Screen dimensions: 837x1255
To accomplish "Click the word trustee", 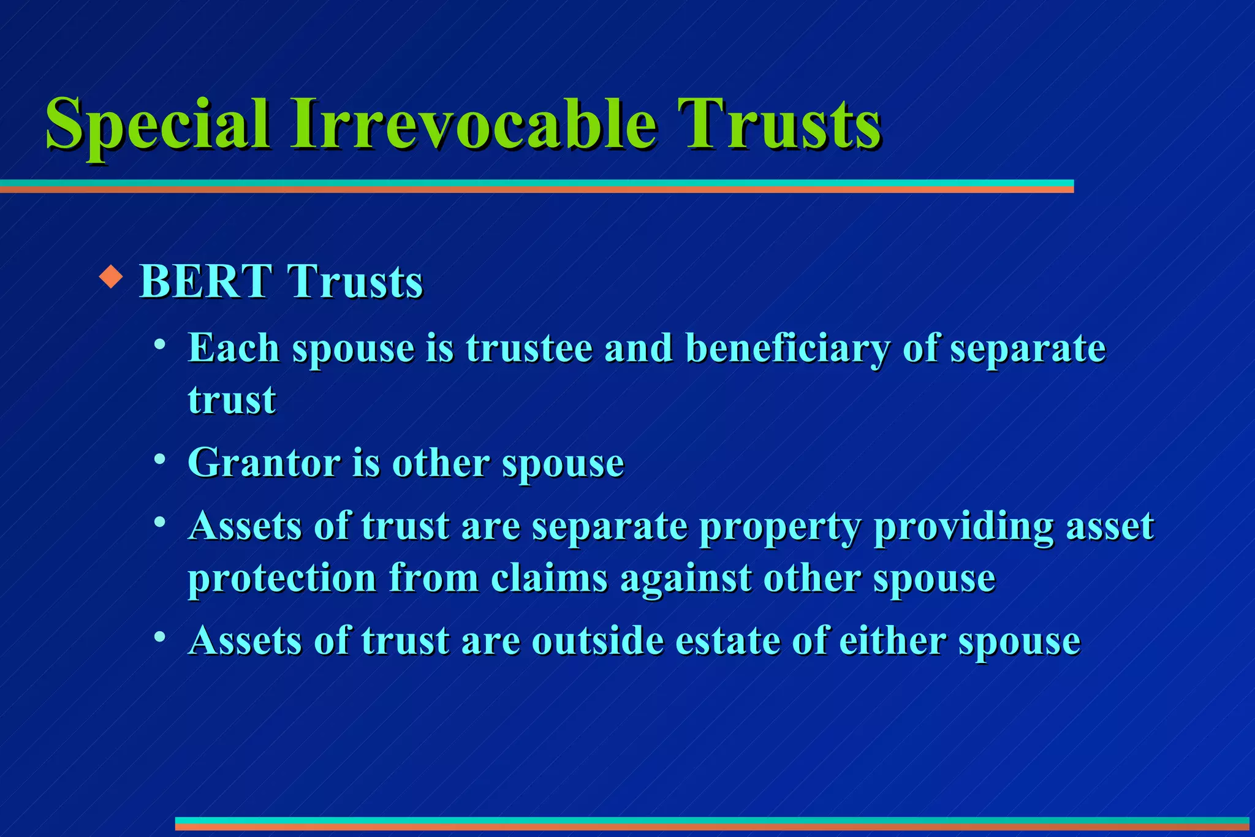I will coord(529,348).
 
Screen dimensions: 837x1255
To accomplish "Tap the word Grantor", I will coord(264,462).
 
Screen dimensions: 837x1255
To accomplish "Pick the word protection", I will coord(282,578).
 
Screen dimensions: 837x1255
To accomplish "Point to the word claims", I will coord(549,578).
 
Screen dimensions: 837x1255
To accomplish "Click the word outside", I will coord(597,641).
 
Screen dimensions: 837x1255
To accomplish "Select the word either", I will coord(892,641).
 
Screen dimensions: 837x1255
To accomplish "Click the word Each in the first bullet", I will coord(233,348).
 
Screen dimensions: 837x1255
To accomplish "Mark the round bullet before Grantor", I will coord(160,460).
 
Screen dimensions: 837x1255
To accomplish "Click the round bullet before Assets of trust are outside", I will coord(160,638).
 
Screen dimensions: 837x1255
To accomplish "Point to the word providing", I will coord(963,527).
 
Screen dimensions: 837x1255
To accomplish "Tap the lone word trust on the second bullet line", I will coord(232,400).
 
